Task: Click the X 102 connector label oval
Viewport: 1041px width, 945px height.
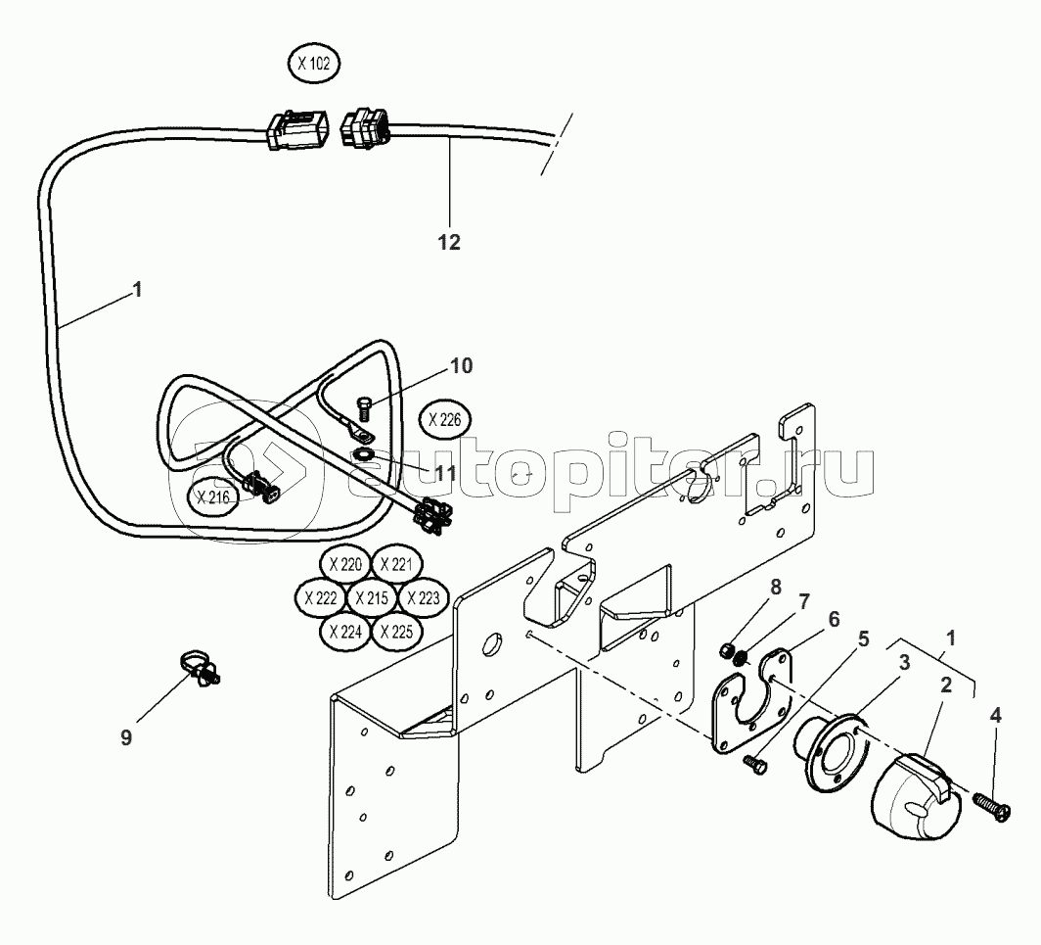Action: [x=314, y=66]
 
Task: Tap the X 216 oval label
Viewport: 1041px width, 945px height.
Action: [x=212, y=497]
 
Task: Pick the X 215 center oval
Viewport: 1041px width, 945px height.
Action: [x=372, y=597]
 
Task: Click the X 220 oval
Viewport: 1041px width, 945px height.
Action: [x=345, y=565]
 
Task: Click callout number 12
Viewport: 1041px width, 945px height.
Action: [x=448, y=241]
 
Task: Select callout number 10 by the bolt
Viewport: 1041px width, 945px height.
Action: [x=461, y=366]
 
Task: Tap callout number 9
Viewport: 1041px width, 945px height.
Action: [x=126, y=736]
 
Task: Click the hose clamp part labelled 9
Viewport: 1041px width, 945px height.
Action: [x=199, y=669]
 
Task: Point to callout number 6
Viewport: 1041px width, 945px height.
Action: [x=834, y=619]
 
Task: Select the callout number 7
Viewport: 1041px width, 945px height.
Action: [x=804, y=599]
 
